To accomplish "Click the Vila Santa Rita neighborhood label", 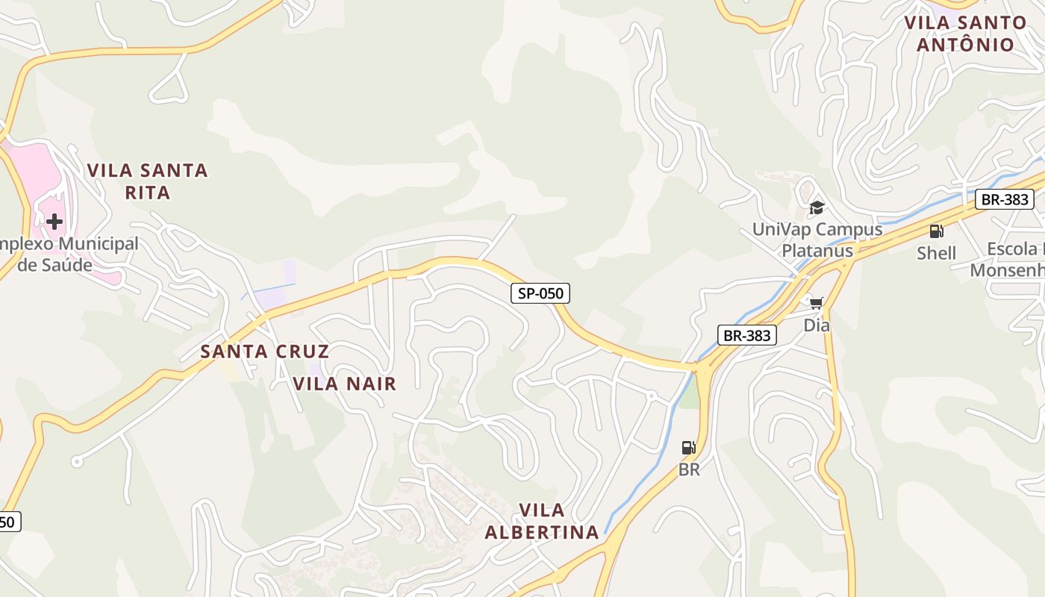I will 147,181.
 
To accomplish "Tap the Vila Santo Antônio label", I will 965,34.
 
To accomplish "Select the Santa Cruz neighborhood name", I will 264,351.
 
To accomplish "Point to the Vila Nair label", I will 344,384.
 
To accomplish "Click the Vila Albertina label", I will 542,521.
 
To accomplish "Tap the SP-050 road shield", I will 540,293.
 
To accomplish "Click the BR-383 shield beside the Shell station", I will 1005,199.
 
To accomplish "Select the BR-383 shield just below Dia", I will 746,335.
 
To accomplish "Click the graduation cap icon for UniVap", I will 817,207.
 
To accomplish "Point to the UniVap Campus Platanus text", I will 817,240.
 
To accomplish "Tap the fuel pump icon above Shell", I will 936,231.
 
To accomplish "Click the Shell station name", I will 936,253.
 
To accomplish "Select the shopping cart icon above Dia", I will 816,303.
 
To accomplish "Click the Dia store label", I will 816,325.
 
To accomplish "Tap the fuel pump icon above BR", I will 688,448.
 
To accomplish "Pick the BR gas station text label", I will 688,470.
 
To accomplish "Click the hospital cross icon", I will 54,222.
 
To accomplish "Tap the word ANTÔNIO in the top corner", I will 965,45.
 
